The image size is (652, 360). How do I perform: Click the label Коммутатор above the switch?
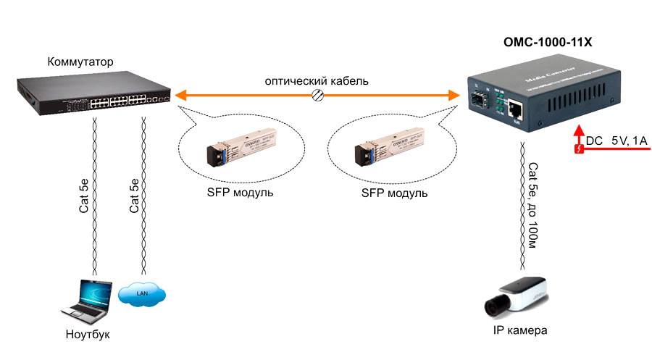[x=80, y=62]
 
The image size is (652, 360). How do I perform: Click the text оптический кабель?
[x=316, y=81]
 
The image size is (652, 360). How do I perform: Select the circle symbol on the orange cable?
[x=317, y=95]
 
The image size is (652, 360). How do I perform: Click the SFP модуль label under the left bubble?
[x=230, y=193]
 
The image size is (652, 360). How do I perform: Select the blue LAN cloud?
[x=142, y=293]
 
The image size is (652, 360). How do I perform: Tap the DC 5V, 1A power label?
[x=617, y=141]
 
